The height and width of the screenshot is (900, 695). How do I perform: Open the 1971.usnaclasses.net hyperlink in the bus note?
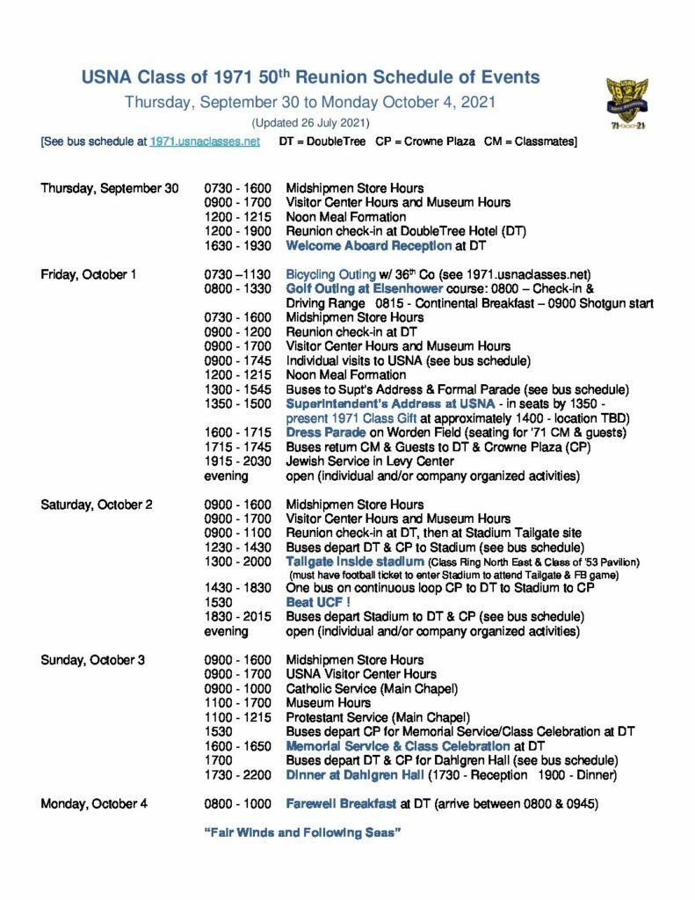[205, 142]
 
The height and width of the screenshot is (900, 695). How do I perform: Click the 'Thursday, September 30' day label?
[109, 188]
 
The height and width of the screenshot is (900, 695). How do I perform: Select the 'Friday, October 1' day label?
[88, 274]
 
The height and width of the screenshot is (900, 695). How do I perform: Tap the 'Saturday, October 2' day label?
[97, 504]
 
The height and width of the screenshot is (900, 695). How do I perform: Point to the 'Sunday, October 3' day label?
[92, 660]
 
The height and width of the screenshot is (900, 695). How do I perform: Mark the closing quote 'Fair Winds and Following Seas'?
[302, 832]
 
